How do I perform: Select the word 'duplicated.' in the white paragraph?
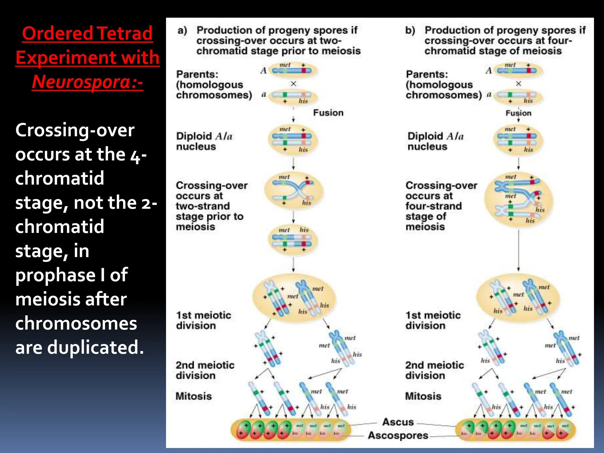click(x=96, y=347)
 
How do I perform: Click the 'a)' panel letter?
click(x=182, y=30)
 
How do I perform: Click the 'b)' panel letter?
click(x=410, y=30)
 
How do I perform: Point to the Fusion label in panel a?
click(x=328, y=113)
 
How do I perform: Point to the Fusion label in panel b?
click(x=518, y=113)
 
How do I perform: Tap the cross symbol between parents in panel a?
click(x=293, y=84)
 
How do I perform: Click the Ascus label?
click(x=398, y=422)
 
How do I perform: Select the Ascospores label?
click(x=398, y=435)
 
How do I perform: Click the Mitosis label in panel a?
click(x=194, y=396)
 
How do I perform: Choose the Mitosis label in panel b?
click(x=423, y=396)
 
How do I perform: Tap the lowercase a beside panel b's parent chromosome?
click(x=489, y=95)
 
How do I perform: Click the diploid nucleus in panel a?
click(x=293, y=139)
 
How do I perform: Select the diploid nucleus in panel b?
click(x=518, y=139)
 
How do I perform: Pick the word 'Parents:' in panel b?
click(x=427, y=74)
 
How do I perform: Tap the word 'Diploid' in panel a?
click(x=194, y=136)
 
